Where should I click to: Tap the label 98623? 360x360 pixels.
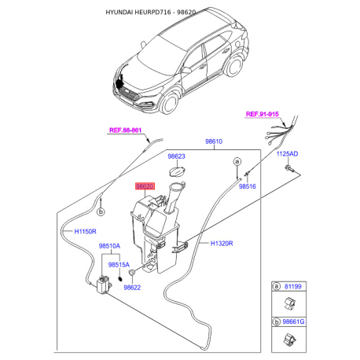177,156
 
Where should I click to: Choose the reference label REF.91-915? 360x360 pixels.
263,115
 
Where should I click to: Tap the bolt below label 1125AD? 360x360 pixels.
288,169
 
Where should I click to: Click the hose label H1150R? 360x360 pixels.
85,232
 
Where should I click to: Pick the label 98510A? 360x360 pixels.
109,246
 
